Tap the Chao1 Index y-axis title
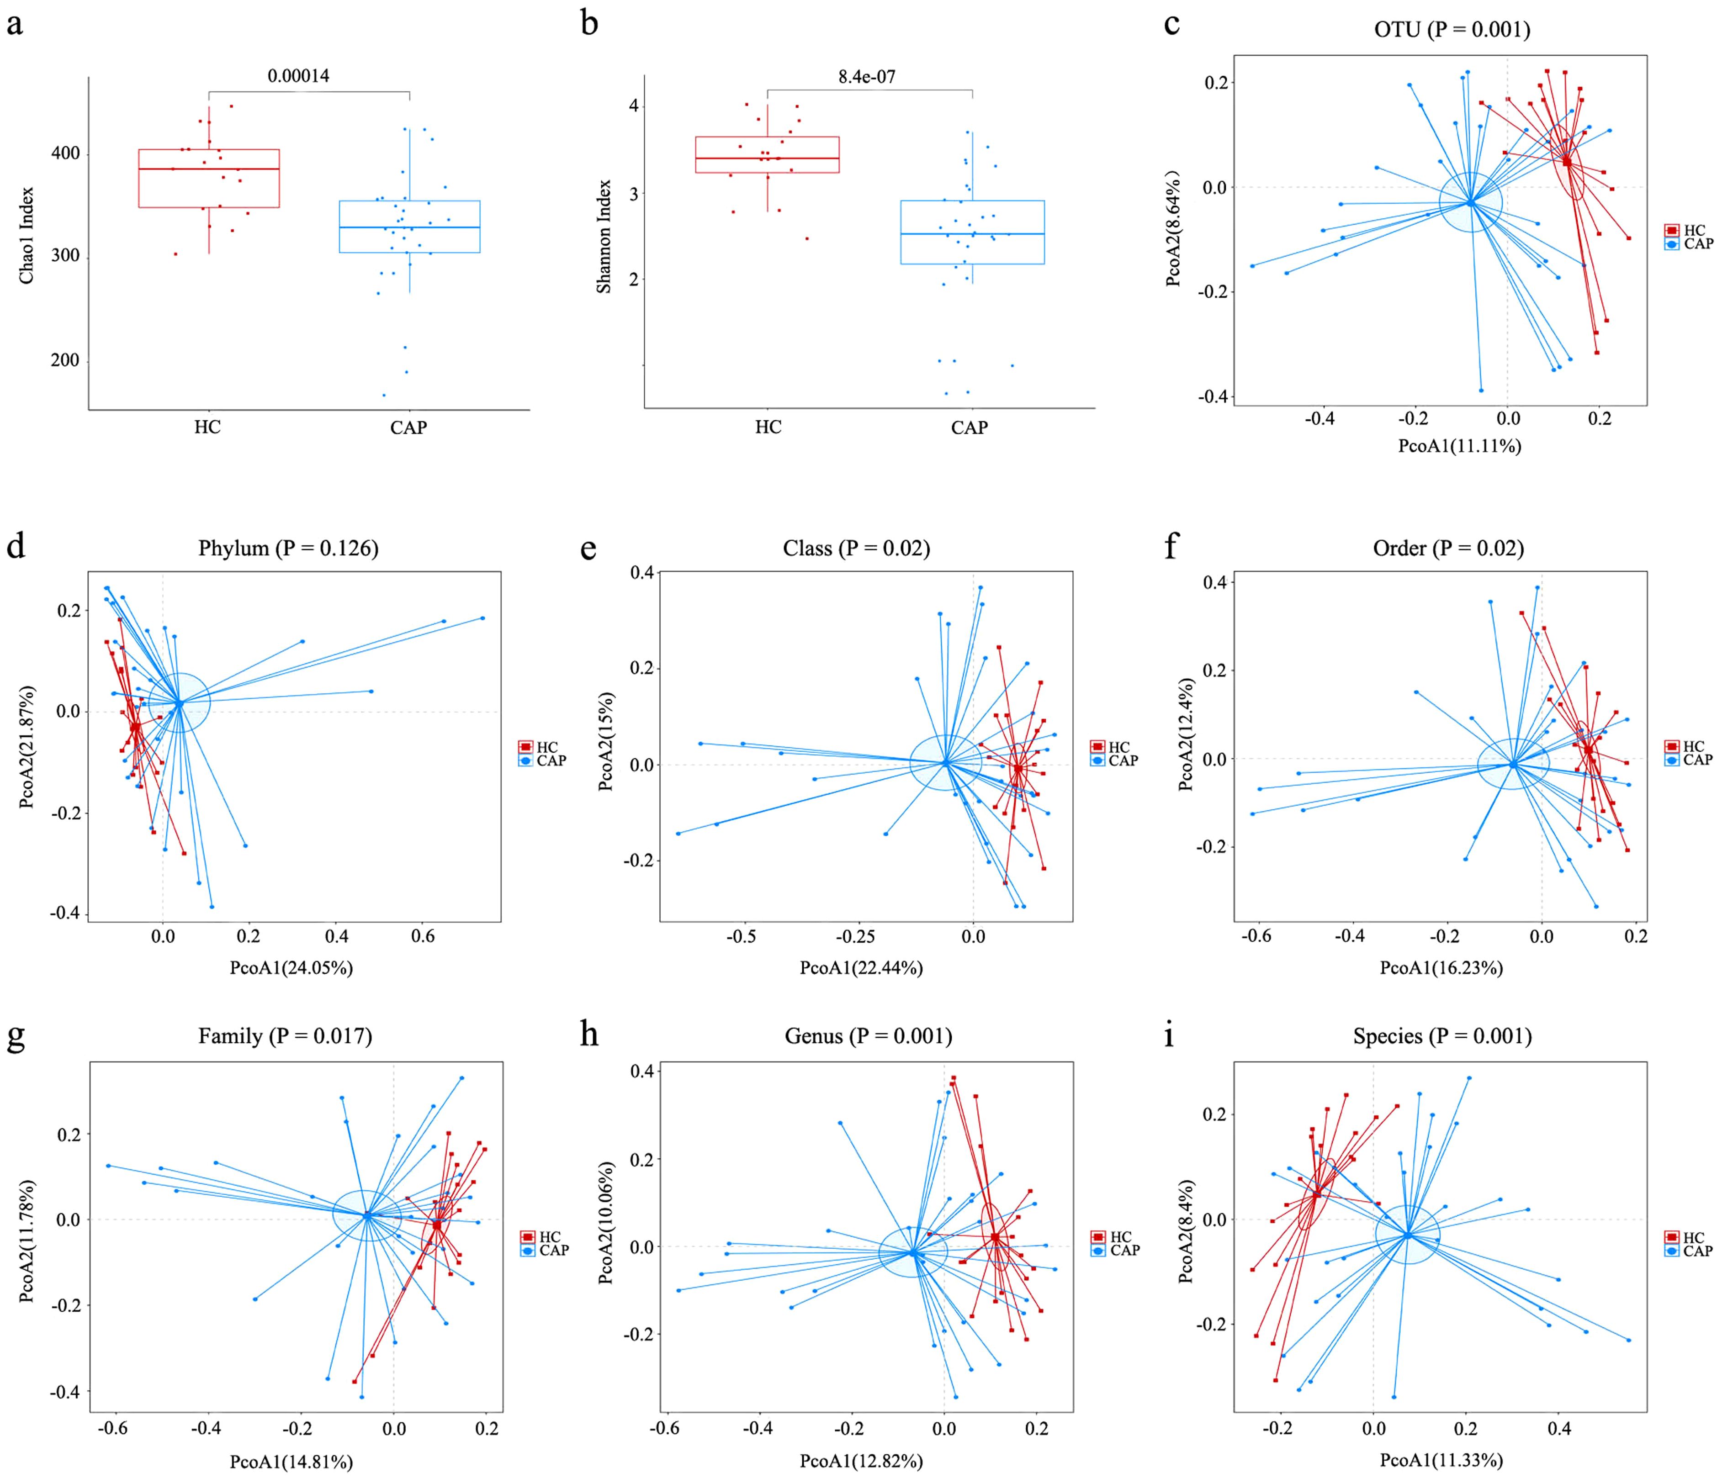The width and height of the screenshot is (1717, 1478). coord(26,235)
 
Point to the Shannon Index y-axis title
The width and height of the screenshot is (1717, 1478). coord(603,236)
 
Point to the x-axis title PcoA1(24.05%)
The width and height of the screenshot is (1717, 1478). coord(291,968)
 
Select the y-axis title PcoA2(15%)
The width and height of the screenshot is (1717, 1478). coord(607,741)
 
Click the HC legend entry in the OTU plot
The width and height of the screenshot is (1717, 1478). coord(1694,230)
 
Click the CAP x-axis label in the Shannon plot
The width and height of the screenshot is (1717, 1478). coord(969,428)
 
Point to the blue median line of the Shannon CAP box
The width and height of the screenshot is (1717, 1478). coord(972,234)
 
